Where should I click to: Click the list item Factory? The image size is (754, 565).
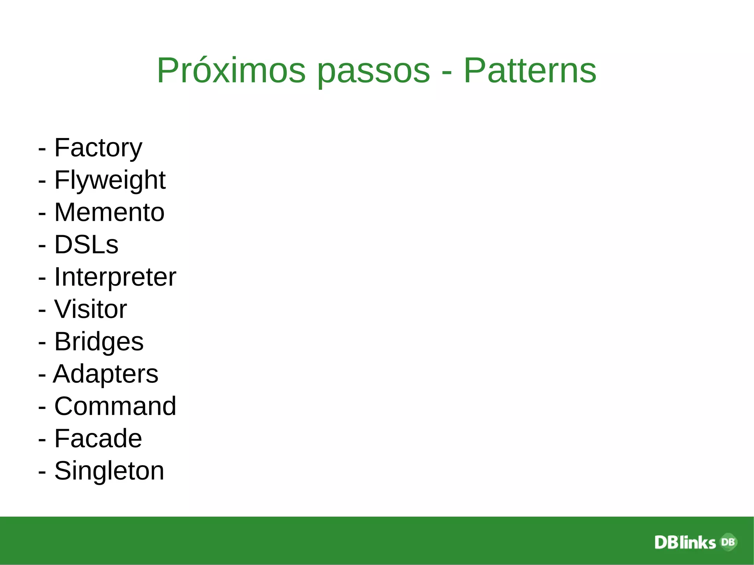coord(98,148)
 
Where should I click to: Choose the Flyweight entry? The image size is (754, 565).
coord(110,180)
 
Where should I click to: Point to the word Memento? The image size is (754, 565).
coord(109,212)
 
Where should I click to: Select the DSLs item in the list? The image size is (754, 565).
coord(86,244)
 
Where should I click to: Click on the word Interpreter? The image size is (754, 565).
coord(115,277)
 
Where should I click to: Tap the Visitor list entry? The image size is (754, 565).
coord(90,309)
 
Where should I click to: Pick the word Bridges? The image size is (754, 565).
coord(99,342)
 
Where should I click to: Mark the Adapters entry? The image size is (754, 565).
coord(106,374)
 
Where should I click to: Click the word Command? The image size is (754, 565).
coord(115,406)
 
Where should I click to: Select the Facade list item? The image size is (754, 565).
coord(98,438)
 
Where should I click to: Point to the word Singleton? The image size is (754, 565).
coord(109,471)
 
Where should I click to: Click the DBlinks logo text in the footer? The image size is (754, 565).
coord(685,543)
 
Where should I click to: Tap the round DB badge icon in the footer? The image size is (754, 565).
coord(728,542)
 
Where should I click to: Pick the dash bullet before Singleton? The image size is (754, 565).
coord(42,472)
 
